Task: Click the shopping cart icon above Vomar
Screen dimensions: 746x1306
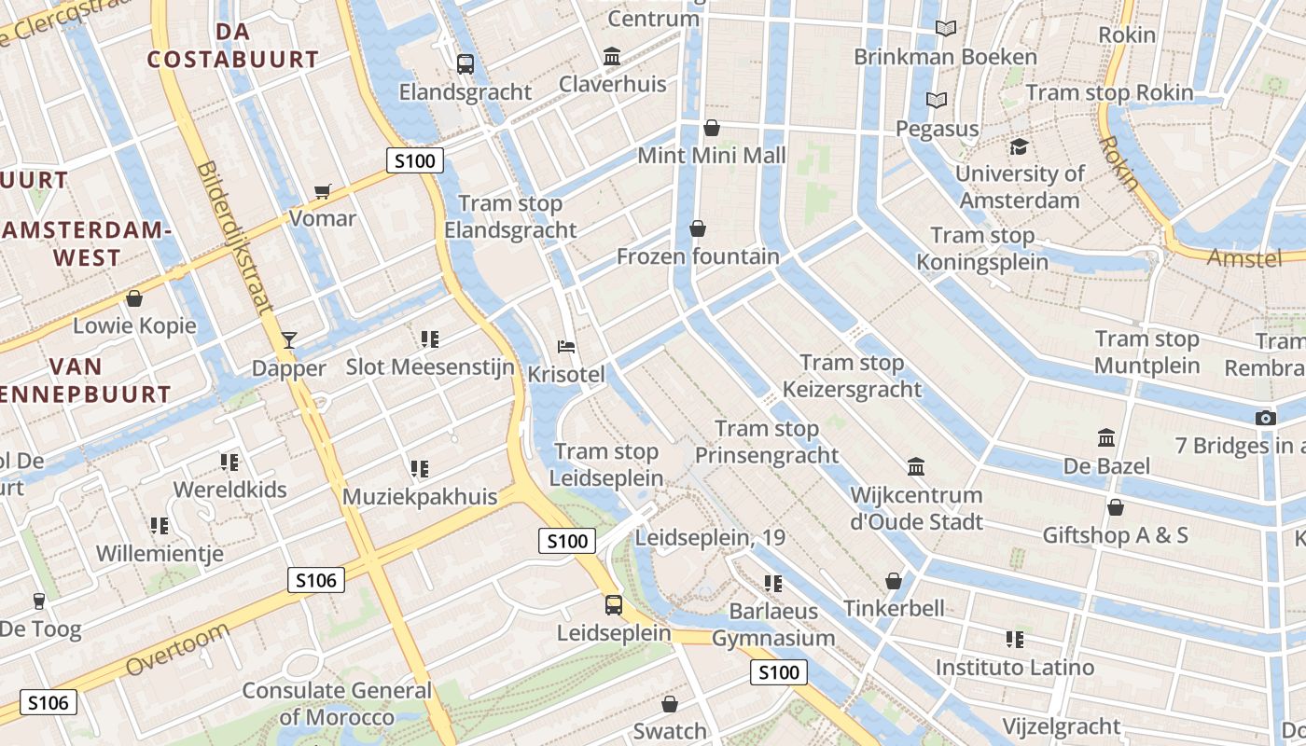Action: pos(323,191)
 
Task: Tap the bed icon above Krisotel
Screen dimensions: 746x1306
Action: pos(566,347)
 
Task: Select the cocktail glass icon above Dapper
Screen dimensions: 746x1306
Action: pos(289,339)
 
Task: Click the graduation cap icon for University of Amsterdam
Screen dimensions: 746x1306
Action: pos(1019,147)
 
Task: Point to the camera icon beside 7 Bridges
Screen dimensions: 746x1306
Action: pos(1266,418)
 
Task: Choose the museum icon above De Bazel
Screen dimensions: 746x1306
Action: pos(1106,437)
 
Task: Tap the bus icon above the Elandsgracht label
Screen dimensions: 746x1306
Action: pos(465,64)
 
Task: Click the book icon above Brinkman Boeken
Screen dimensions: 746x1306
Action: pos(946,29)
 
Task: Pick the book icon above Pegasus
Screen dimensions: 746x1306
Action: pos(937,100)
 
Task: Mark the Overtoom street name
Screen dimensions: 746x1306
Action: pos(177,651)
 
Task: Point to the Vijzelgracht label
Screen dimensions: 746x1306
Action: pos(1062,726)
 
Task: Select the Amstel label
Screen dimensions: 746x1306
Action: pos(1244,258)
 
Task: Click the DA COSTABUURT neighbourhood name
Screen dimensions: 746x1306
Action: pos(232,46)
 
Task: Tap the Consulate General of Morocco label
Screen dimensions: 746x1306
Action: pos(337,704)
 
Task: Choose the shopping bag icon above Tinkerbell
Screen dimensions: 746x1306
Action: pos(894,581)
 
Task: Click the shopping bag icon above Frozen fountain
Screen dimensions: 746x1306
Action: pos(698,228)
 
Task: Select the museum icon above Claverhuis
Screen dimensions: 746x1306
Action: pos(612,57)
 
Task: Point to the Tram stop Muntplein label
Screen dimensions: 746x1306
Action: pos(1146,352)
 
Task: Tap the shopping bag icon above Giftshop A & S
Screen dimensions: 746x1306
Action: pos(1115,507)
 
